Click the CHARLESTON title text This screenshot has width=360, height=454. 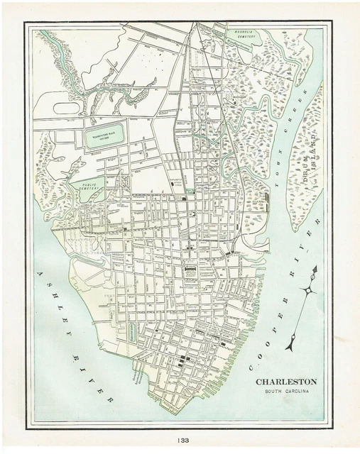(286, 382)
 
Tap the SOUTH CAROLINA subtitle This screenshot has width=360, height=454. (287, 392)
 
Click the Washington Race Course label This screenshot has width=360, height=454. (105, 133)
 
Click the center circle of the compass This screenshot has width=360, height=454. (308, 290)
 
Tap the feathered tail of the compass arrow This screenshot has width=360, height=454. (290, 344)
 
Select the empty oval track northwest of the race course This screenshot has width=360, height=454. (65, 109)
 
